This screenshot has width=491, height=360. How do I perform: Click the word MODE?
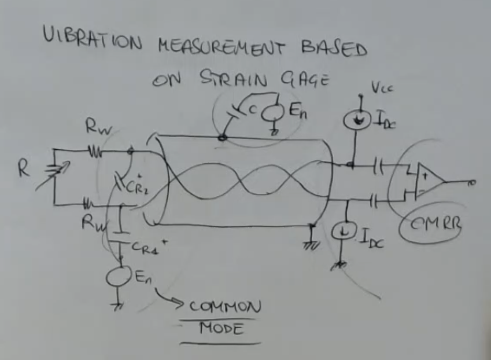coord(220,329)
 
